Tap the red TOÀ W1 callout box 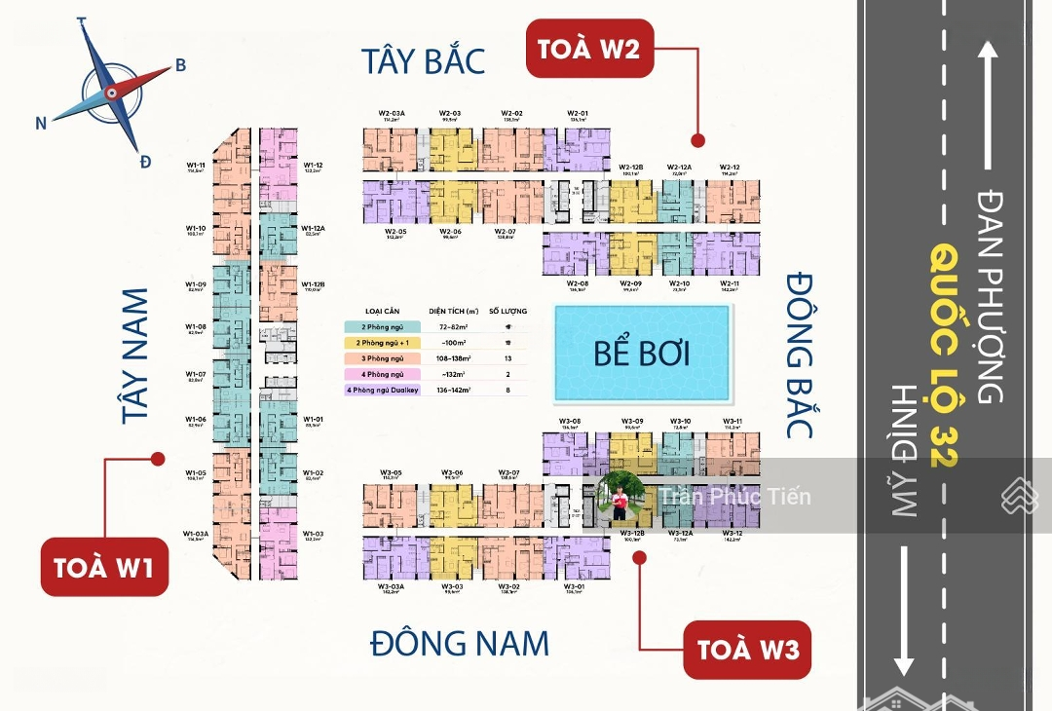point(104,567)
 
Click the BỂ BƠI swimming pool point(642,353)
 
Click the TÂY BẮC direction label point(423,60)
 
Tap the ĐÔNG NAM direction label point(460,643)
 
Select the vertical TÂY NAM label point(139,355)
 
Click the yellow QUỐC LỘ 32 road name point(942,355)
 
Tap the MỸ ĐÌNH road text point(905,450)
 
